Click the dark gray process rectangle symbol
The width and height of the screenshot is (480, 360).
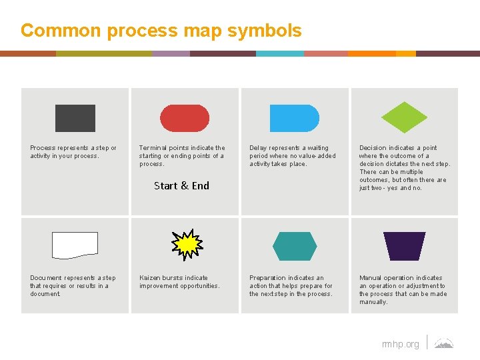75,118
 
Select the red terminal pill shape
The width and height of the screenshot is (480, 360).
185,118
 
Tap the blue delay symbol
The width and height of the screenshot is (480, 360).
294,118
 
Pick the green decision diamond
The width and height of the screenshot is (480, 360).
404,117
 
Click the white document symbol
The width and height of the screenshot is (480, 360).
75,245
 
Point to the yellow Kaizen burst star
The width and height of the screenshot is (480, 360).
186,245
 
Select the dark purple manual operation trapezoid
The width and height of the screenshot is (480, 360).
404,246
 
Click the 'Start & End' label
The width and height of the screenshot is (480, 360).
181,186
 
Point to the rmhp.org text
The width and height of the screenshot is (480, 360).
401,344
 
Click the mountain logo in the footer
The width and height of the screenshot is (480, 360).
444,343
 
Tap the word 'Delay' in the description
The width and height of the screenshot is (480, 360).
258,148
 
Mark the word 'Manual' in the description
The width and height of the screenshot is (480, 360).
370,278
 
